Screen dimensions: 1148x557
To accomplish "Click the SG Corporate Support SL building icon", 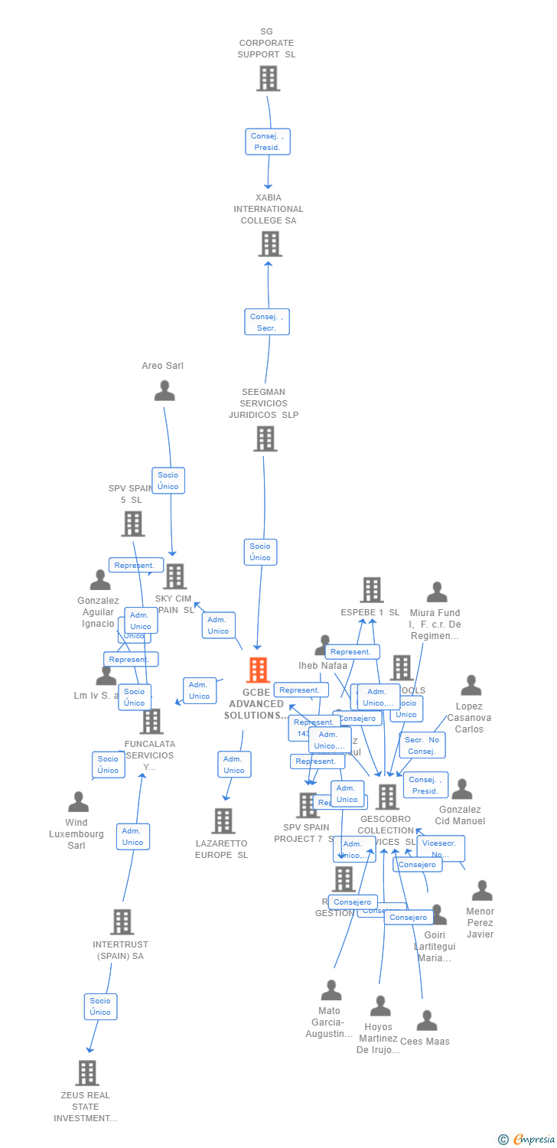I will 268,78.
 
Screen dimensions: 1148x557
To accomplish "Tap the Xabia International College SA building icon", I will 269,244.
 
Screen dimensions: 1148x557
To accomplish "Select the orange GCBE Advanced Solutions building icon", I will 258,670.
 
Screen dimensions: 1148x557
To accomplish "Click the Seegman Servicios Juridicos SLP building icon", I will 265,439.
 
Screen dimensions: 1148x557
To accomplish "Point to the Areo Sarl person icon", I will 164,391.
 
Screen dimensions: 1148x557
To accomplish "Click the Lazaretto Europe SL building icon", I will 223,821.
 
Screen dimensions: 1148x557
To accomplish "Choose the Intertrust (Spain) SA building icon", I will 122,922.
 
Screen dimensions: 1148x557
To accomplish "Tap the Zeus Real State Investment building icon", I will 87,1073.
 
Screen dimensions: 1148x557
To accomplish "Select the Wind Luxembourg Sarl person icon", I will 78,802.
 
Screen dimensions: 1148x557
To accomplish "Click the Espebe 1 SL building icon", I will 372,590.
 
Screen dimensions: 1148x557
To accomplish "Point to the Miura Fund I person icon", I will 437,592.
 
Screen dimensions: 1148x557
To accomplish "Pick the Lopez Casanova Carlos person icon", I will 471,686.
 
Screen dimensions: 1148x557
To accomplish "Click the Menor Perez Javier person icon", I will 482,891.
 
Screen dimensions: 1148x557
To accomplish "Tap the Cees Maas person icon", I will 427,1021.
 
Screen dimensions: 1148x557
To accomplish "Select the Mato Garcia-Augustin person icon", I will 331,990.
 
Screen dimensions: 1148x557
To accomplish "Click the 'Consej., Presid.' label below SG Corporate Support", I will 268,142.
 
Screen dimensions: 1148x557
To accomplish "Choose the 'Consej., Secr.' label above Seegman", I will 267,322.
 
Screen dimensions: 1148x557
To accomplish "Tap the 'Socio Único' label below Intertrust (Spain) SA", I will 100,1006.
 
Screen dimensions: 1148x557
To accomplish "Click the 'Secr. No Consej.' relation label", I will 422,745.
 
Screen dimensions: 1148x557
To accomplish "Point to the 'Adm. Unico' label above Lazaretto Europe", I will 234,765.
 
